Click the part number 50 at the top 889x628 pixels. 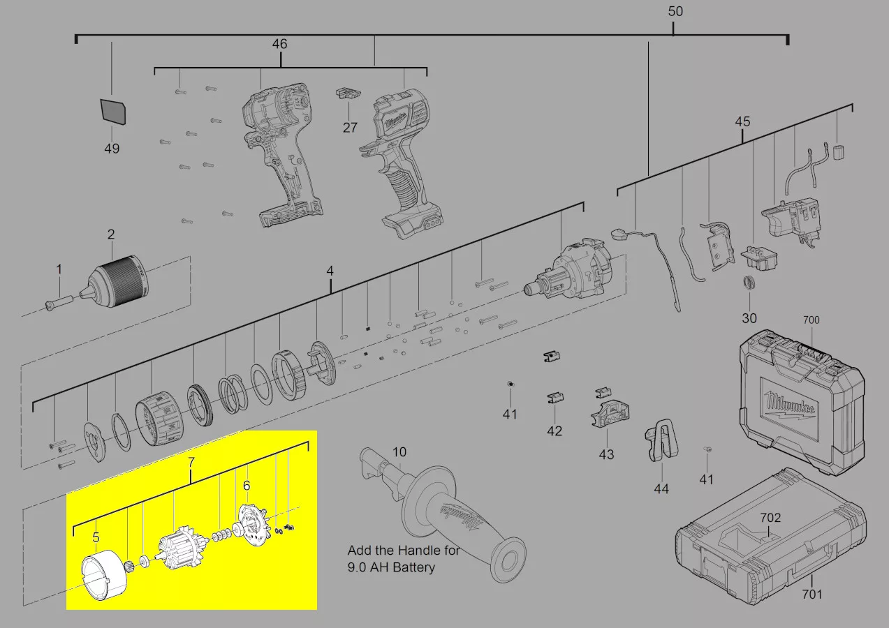tap(675, 11)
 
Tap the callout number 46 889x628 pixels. tap(279, 44)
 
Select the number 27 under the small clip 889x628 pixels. tap(350, 128)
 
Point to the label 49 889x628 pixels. tap(112, 149)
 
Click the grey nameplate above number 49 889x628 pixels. tap(113, 112)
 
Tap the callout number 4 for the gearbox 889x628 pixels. tap(330, 271)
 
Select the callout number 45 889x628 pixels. tap(742, 121)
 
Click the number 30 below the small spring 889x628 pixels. tap(749, 318)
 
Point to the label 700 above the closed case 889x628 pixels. tap(811, 320)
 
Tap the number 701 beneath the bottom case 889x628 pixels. tap(812, 595)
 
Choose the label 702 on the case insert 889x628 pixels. tap(770, 518)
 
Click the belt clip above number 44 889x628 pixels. tap(661, 441)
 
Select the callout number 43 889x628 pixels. tap(606, 454)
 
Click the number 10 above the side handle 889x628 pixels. tap(399, 452)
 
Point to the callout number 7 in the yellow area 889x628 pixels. tap(191, 462)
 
